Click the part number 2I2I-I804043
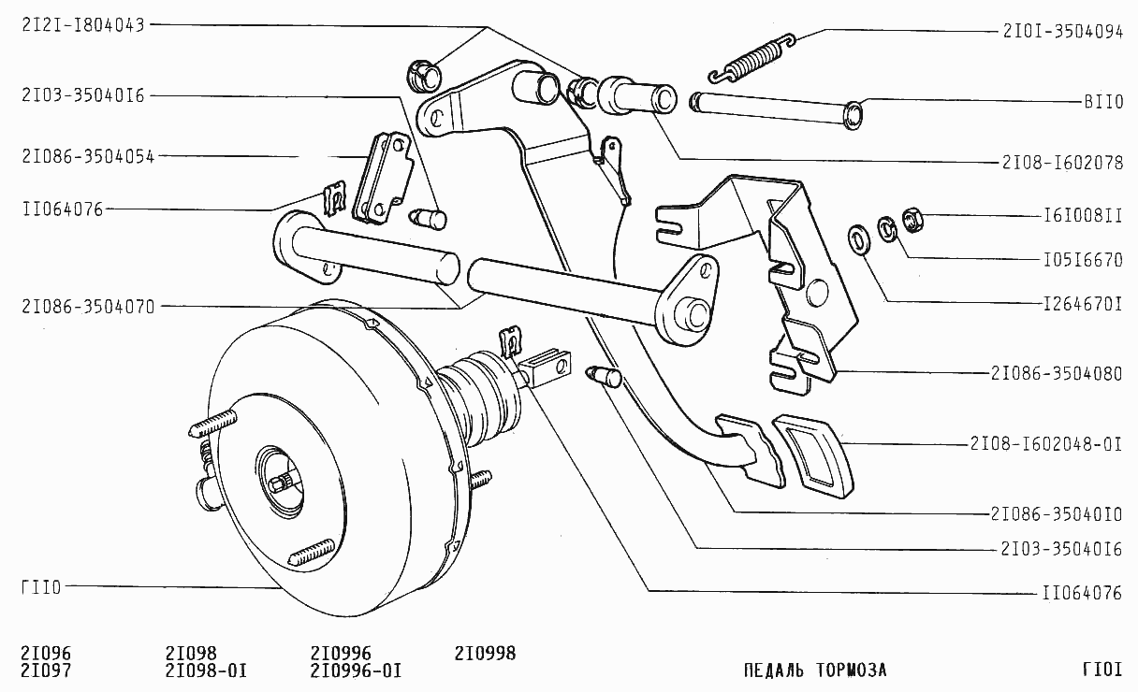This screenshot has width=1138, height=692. pos(83,25)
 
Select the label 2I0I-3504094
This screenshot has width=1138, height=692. pos(1063,32)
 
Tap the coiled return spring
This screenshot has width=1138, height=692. pos(752,59)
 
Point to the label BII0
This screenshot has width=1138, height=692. pos(1103,102)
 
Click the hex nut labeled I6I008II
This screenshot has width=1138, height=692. pos(913,221)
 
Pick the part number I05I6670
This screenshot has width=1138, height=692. pos(1083,260)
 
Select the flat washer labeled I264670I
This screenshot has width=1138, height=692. pos(860,239)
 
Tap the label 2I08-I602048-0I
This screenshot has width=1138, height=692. pos(1046,444)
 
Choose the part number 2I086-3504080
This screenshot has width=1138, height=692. pos(1057,374)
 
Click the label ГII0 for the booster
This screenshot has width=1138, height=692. pos(41,587)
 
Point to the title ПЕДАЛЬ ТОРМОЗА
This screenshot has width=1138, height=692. pos(815,670)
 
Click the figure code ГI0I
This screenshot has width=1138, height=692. pos(1102,670)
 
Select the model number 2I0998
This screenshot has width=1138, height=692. pos(485,653)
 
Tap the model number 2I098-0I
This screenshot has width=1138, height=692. pos(206,670)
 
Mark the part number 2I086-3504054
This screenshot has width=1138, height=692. pos(88,156)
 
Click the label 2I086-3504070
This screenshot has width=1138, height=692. pos(88,307)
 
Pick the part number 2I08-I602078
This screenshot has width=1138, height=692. pos(1062,163)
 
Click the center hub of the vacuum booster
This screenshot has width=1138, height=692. pos(281,483)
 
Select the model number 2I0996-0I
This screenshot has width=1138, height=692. pos(357,670)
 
